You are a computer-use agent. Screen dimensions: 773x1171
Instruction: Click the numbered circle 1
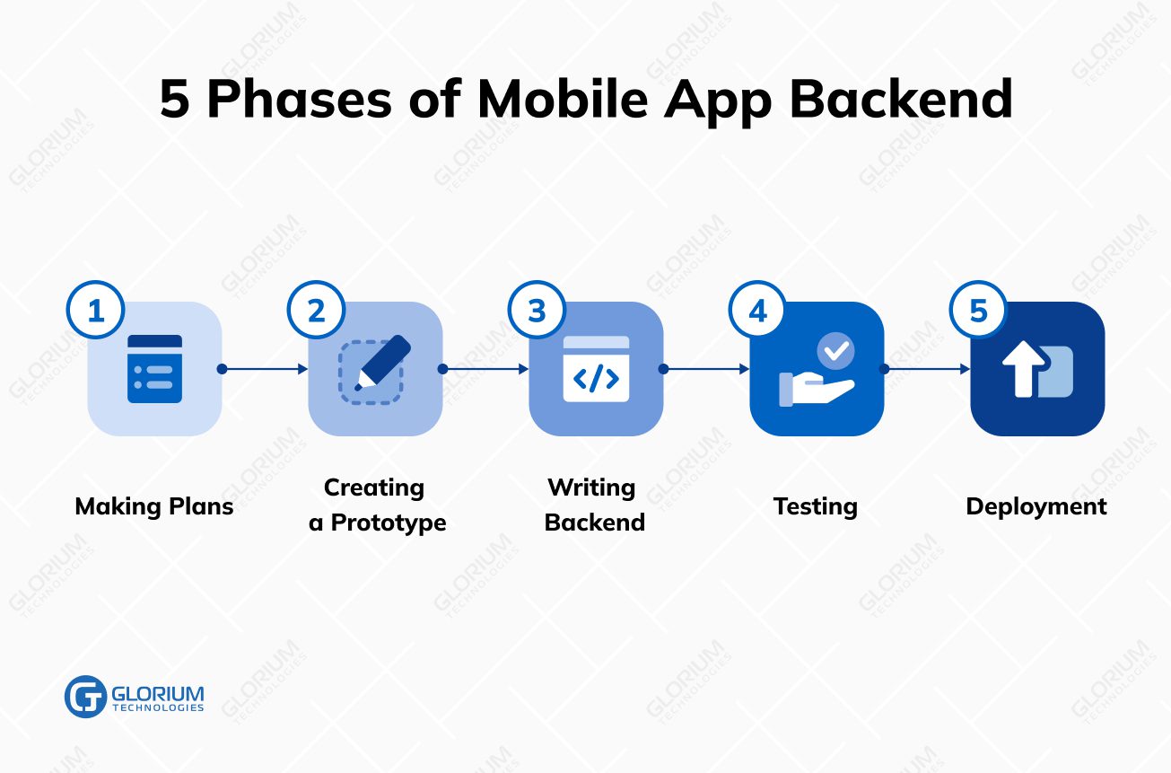[x=95, y=311]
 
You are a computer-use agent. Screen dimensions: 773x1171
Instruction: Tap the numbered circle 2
[x=316, y=311]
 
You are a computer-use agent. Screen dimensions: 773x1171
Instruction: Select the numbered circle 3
[x=537, y=311]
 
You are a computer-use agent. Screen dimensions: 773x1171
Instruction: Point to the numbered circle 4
[x=757, y=311]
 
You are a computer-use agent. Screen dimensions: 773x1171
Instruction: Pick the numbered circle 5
[x=978, y=311]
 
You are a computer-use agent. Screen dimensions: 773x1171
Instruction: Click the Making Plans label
[x=154, y=506]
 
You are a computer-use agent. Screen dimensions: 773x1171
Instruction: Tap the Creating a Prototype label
[x=377, y=505]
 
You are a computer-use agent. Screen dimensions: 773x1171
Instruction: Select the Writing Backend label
[x=594, y=505]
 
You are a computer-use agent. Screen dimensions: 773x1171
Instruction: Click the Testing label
[x=816, y=506]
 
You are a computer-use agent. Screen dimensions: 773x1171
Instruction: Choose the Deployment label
[x=1036, y=506]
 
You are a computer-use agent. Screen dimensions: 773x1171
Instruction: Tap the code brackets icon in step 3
[x=596, y=378]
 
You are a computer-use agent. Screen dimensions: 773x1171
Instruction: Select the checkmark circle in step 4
[x=835, y=351]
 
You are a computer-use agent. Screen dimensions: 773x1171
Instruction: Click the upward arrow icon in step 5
[x=1023, y=367]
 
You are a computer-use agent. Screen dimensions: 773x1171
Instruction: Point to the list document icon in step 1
[x=154, y=369]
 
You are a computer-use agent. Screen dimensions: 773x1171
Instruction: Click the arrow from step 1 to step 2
[x=265, y=369]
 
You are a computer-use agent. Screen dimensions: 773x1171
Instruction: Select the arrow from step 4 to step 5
[x=927, y=369]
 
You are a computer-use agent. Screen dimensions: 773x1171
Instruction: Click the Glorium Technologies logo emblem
[x=85, y=696]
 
